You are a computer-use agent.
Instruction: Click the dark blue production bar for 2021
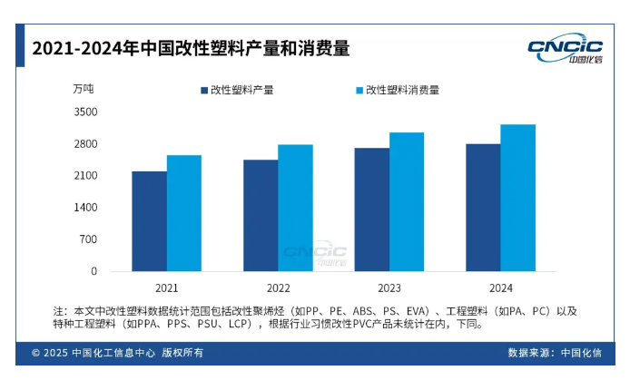pyautogui.click(x=149, y=220)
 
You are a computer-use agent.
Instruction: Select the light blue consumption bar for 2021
pyautogui.click(x=183, y=212)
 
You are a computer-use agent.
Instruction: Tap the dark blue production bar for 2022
pyautogui.click(x=261, y=215)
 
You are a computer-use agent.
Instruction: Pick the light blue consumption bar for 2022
pyautogui.click(x=295, y=207)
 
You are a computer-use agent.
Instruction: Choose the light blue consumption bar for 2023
pyautogui.click(x=407, y=201)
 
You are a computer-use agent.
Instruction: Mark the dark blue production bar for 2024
pyautogui.click(x=483, y=207)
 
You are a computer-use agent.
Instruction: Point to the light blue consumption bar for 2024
pyautogui.click(x=517, y=197)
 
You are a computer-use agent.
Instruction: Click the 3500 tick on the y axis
pyautogui.click(x=85, y=112)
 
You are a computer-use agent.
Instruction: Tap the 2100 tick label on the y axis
pyautogui.click(x=85, y=175)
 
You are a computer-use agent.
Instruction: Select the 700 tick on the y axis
pyautogui.click(x=88, y=239)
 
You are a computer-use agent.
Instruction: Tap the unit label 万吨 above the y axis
pyautogui.click(x=83, y=89)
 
